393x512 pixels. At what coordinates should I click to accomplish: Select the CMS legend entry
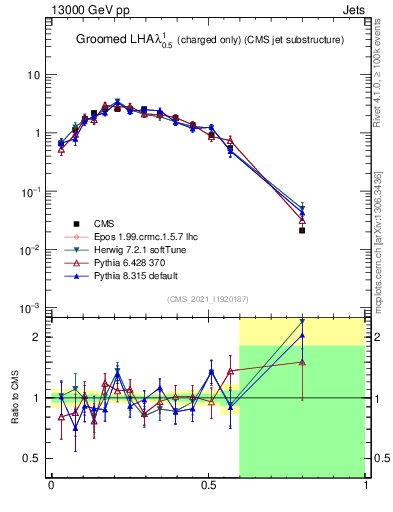106,223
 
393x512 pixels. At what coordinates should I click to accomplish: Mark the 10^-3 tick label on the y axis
31,307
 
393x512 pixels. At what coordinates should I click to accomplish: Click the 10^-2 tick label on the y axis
31,249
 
